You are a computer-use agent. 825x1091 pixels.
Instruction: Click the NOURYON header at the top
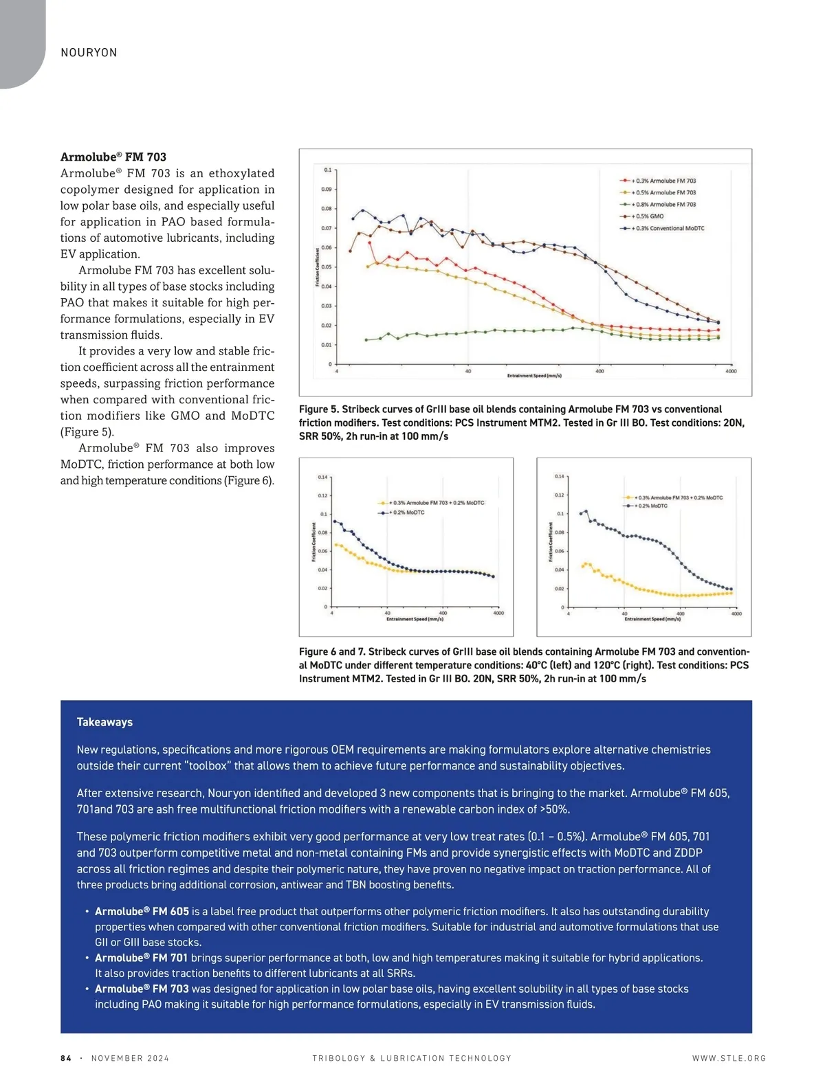point(89,53)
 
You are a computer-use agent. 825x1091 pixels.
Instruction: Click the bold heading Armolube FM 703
point(113,157)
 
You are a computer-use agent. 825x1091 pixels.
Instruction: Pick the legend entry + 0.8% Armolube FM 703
point(663,205)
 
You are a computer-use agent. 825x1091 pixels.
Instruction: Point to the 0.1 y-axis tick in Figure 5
point(327,170)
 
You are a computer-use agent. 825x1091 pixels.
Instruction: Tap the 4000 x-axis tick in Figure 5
point(731,371)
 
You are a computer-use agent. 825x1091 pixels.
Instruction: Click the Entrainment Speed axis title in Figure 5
point(534,376)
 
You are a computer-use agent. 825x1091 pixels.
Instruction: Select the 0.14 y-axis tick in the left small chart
point(322,477)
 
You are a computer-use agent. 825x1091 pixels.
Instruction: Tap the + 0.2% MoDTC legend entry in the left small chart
point(408,513)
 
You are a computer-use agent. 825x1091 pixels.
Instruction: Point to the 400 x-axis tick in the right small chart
point(680,614)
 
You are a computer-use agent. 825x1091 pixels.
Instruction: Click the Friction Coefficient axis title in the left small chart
point(314,543)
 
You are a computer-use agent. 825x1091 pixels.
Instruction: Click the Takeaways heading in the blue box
point(104,722)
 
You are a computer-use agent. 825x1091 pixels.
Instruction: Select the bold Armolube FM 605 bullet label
point(142,912)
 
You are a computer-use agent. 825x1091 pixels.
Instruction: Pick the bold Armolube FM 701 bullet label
point(141,958)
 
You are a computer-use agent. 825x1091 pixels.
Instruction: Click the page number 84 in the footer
point(66,1059)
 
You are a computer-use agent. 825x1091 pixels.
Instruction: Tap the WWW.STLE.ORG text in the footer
point(729,1059)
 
